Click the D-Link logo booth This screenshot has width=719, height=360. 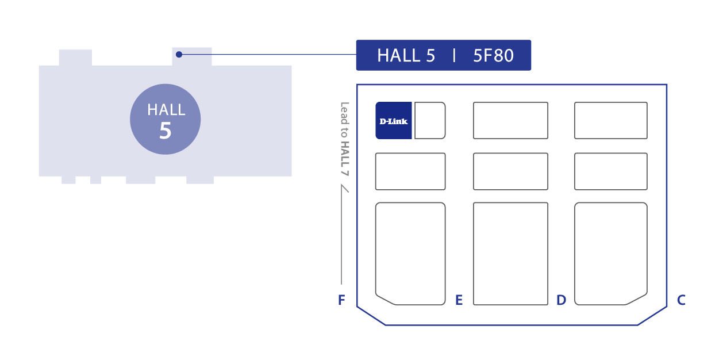(x=394, y=121)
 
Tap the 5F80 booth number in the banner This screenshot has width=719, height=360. (x=493, y=56)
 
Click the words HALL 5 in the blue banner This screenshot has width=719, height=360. (x=406, y=56)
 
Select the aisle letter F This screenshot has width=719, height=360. (x=341, y=300)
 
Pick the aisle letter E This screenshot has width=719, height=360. (x=459, y=300)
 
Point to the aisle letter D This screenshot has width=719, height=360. (x=561, y=300)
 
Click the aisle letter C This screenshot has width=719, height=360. (x=681, y=300)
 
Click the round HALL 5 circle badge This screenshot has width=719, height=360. (x=166, y=119)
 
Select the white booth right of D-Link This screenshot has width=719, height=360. (x=430, y=121)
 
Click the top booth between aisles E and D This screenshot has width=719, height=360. (x=510, y=121)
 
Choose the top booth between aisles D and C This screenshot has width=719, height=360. (x=611, y=121)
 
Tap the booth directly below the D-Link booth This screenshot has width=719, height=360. (x=410, y=171)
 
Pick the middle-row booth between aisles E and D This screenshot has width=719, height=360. (x=510, y=171)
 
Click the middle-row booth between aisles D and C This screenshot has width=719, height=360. (x=611, y=171)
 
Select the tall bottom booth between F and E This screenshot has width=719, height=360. (x=410, y=253)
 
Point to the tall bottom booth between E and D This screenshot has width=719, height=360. (x=510, y=253)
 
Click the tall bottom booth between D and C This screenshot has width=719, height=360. (x=611, y=253)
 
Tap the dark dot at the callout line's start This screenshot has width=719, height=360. (x=179, y=55)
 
